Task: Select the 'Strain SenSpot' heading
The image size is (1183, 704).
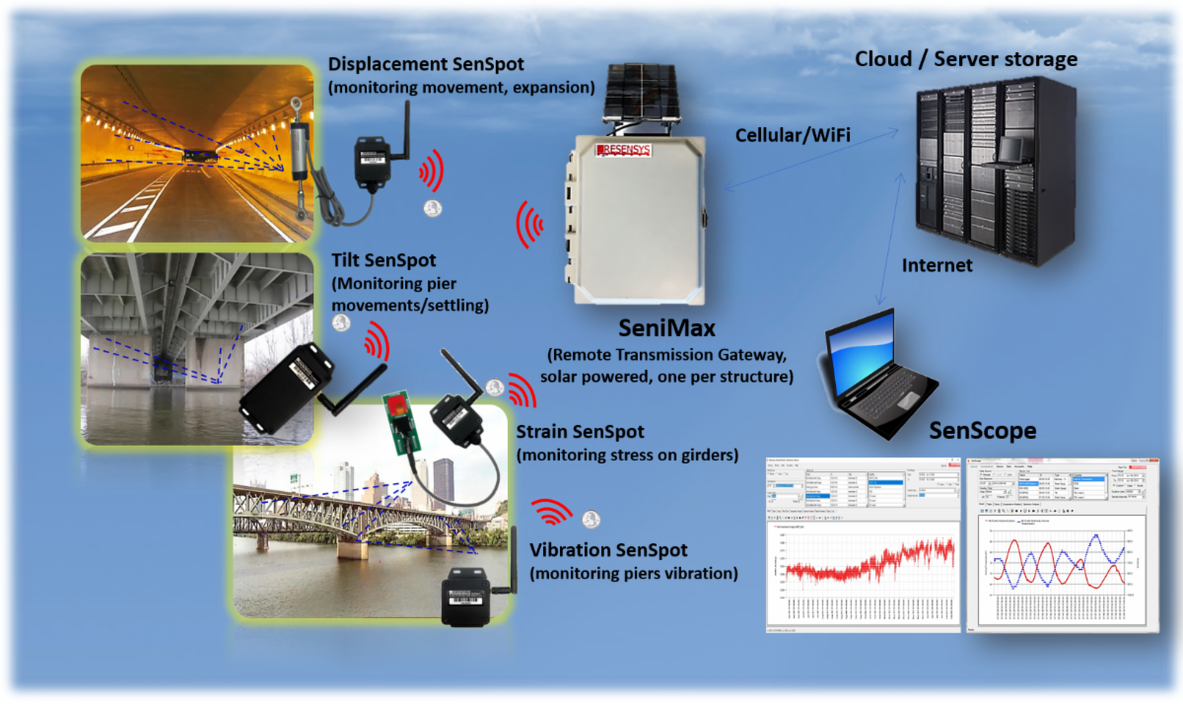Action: [x=580, y=432]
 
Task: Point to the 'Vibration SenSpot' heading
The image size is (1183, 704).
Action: [x=608, y=550]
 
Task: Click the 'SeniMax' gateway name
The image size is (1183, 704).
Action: [x=665, y=327]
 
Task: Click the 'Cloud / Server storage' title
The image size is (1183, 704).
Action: [x=965, y=59]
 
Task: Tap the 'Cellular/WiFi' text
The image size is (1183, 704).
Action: [x=794, y=135]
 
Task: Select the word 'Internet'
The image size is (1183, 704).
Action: [x=938, y=265]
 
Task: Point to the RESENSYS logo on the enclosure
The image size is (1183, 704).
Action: [x=632, y=150]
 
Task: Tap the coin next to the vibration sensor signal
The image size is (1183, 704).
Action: [x=591, y=519]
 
